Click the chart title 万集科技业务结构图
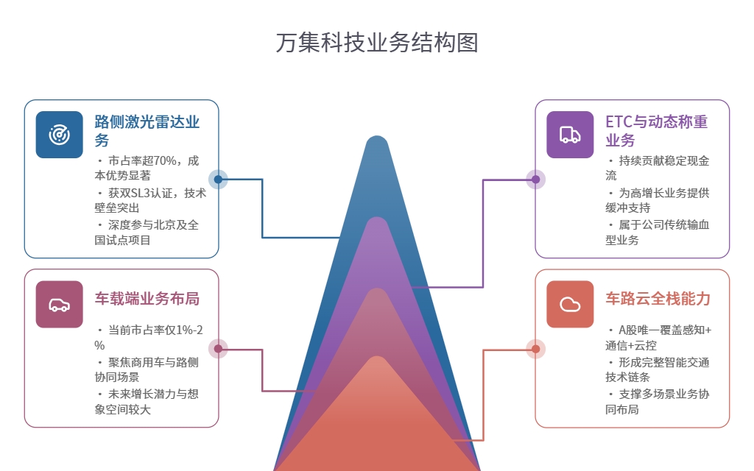[x=377, y=43]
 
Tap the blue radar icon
[x=59, y=135]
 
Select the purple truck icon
[x=570, y=135]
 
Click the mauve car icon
[x=59, y=304]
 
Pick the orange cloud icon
[x=570, y=304]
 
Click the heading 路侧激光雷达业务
[x=147, y=130]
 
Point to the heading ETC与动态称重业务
[x=657, y=130]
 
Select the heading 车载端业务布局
[x=147, y=299]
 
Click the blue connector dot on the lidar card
[x=218, y=179]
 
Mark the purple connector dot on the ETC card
[x=535, y=179]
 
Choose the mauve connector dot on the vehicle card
[x=218, y=349]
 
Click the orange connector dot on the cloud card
[x=535, y=349]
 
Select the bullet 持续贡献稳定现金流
[x=658, y=168]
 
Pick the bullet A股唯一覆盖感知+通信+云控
[x=660, y=337]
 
